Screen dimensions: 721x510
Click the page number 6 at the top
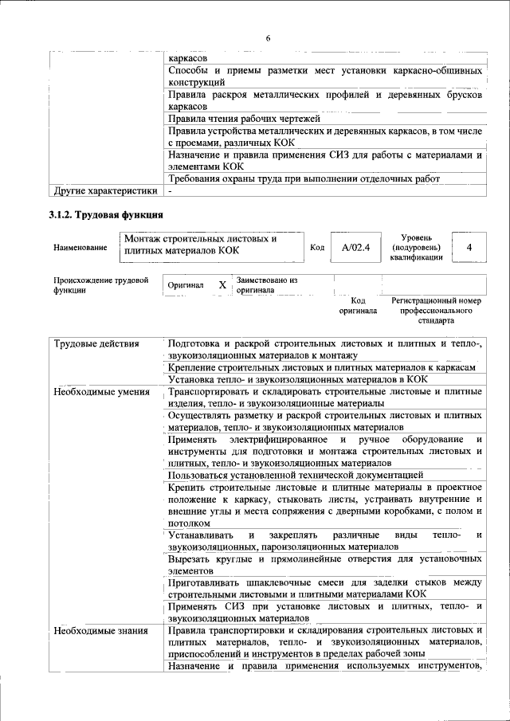click(268, 38)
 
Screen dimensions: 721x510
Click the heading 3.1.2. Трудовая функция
click(106, 215)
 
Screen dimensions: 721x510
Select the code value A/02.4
click(355, 248)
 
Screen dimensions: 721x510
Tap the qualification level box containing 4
click(469, 248)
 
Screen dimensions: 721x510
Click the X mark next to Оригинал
click(222, 284)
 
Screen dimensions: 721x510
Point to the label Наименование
click(80, 248)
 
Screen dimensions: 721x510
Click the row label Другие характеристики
click(104, 191)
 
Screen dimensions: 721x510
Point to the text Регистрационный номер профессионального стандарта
click(435, 311)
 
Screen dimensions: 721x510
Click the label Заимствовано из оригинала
click(266, 285)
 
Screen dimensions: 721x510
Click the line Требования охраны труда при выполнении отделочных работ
click(304, 179)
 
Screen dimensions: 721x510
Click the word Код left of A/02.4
click(316, 248)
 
